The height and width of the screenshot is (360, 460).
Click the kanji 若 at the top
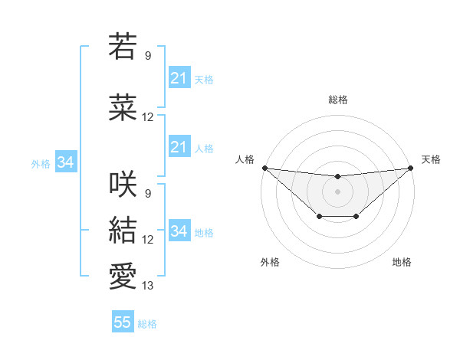click(123, 47)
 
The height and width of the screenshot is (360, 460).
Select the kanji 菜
click(123, 107)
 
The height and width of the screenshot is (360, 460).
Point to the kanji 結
click(123, 230)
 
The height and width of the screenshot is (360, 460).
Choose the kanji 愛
click(123, 276)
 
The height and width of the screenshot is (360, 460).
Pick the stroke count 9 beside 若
click(148, 56)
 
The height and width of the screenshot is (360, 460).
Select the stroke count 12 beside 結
click(148, 240)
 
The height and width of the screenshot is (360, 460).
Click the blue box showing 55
click(123, 322)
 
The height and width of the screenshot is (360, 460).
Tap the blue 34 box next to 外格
click(65, 162)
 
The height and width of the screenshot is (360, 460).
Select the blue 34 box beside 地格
click(179, 231)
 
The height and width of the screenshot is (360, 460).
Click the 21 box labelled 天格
click(179, 78)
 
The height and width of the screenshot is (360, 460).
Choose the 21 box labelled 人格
click(179, 147)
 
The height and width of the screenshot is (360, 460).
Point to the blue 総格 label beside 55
click(147, 324)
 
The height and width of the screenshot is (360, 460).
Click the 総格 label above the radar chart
click(337, 100)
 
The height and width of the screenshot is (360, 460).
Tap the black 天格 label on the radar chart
click(432, 159)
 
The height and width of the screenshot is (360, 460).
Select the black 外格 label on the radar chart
click(270, 262)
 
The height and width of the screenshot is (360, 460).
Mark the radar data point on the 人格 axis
click(264, 168)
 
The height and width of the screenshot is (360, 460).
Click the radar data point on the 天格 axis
click(410, 168)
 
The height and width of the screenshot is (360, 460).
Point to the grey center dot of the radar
click(337, 191)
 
